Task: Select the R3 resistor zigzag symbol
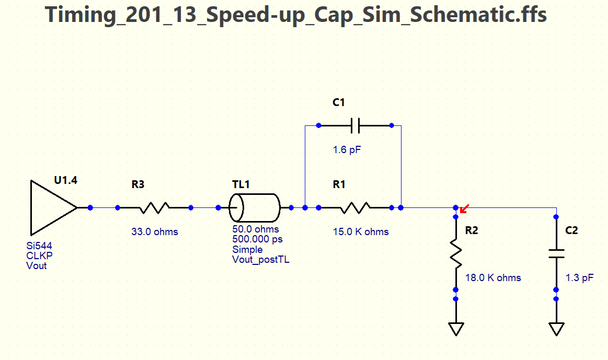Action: [x=154, y=207]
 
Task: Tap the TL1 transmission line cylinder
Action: [x=255, y=208]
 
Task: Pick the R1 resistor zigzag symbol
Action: [x=355, y=208]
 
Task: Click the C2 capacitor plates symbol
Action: [x=556, y=253]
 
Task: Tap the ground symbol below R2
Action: [x=456, y=329]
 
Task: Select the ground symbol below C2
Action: [x=556, y=329]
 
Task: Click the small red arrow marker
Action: [x=464, y=210]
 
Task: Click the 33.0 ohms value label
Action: [x=155, y=231]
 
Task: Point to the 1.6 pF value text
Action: [x=347, y=150]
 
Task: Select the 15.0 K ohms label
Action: [x=361, y=231]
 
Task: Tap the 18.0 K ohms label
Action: [x=493, y=277]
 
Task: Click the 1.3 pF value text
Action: [x=580, y=277]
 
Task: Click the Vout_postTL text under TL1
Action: [x=261, y=259]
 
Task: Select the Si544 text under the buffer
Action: [x=39, y=246]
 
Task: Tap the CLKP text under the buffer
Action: [x=39, y=256]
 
